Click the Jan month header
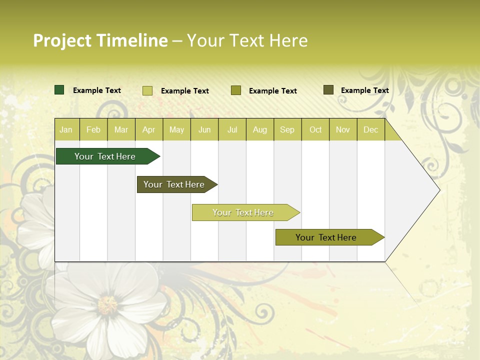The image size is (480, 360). [x=66, y=129]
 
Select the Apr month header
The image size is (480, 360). [x=148, y=129]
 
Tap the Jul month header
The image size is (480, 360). [x=232, y=129]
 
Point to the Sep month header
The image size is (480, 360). [x=287, y=129]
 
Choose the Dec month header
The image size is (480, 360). [x=370, y=129]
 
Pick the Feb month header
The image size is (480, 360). [x=93, y=129]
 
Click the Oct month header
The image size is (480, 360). [x=315, y=129]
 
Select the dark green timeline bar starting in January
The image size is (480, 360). [x=105, y=156]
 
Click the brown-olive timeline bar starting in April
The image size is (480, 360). [x=174, y=184]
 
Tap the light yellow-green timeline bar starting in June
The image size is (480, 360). [x=243, y=212]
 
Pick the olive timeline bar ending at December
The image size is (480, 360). [x=326, y=237]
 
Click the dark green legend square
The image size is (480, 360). [x=59, y=90]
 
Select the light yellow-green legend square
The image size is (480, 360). [x=147, y=90]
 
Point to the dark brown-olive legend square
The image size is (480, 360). [x=328, y=90]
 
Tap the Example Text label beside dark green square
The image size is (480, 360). [x=97, y=90]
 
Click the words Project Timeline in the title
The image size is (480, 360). [x=100, y=40]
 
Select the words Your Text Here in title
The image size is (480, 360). [x=247, y=40]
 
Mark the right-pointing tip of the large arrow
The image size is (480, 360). [x=439, y=190]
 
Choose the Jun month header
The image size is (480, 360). [x=204, y=129]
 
